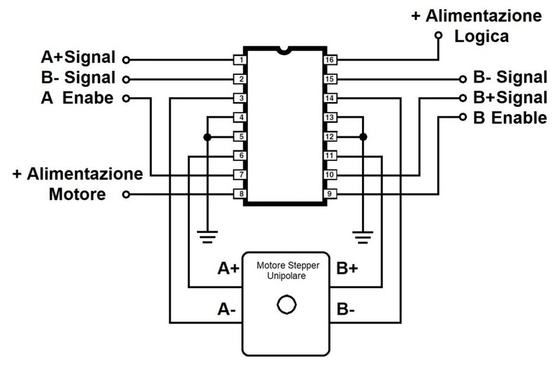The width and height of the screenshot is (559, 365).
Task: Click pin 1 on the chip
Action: coord(240,59)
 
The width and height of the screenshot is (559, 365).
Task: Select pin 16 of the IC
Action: coord(330,59)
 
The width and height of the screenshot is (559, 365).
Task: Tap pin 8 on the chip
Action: coord(240,194)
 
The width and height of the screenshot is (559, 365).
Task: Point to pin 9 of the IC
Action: coord(330,194)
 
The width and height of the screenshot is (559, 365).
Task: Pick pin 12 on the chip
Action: coord(330,136)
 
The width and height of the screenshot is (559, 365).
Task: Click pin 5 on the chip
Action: coord(240,136)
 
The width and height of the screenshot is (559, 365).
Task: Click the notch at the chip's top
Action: coord(285,50)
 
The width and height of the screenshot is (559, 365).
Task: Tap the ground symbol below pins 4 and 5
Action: coord(207,236)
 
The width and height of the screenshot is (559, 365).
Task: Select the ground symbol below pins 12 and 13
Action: coord(363,236)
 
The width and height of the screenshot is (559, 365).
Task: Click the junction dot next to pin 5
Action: coord(207,136)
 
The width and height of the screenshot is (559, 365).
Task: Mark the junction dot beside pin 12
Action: coord(363,136)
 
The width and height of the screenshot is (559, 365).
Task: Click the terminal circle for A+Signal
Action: coord(126,59)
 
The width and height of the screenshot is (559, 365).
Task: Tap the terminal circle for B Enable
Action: coord(463,117)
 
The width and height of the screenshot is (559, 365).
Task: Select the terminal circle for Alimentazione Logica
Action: coord(439,36)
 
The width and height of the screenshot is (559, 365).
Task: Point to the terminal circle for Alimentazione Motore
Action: coord(126,194)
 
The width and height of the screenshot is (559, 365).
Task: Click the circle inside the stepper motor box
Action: coord(286,305)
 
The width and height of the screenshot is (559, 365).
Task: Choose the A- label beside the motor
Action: coord(226,309)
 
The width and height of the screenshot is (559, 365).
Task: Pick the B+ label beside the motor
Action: coord(347,269)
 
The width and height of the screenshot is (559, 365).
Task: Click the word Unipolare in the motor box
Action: coord(286,275)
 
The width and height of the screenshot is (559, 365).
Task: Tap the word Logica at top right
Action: coord(481,37)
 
